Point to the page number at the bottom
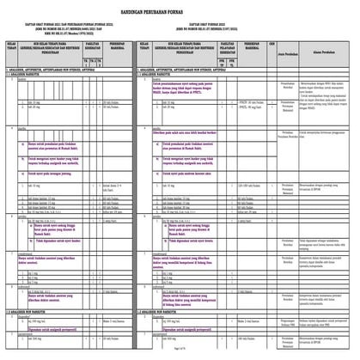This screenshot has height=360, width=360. point(180,354)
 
